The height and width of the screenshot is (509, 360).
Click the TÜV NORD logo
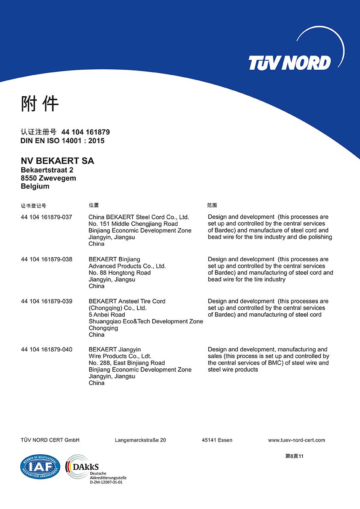pos(290,63)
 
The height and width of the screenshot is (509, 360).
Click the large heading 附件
pos(40,104)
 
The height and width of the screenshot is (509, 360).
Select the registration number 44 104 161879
pos(86,132)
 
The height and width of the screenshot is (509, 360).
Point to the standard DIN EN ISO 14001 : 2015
pos(62,141)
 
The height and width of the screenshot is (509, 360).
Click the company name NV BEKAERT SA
pos(57,161)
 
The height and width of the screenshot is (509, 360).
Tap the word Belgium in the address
pos(35,186)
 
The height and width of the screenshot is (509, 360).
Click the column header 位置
pos(94,206)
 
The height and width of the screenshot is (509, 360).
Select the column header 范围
pos(212,206)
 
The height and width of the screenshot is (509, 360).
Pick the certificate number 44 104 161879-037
pos(47,217)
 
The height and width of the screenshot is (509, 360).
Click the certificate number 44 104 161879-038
pos(47,259)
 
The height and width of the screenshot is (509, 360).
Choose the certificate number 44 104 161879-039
pos(47,301)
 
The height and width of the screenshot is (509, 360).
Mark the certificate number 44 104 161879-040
pos(47,350)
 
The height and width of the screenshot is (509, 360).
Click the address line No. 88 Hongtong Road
pos(120,273)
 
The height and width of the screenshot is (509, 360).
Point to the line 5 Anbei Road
pos(107,315)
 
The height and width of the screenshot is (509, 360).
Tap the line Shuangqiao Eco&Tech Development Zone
pos(146,321)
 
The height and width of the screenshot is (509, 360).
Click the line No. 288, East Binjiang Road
pos(127,363)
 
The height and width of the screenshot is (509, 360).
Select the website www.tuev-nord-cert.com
pos(296,440)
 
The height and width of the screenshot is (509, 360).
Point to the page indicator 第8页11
pos(294,456)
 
